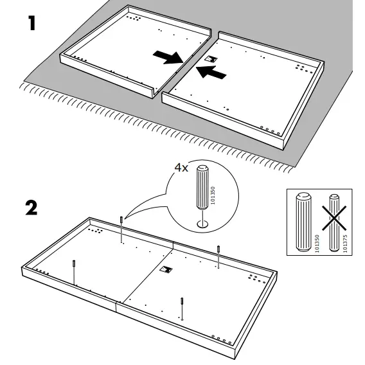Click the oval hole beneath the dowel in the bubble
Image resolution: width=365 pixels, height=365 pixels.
202,224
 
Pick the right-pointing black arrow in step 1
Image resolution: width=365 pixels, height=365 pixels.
168,57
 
